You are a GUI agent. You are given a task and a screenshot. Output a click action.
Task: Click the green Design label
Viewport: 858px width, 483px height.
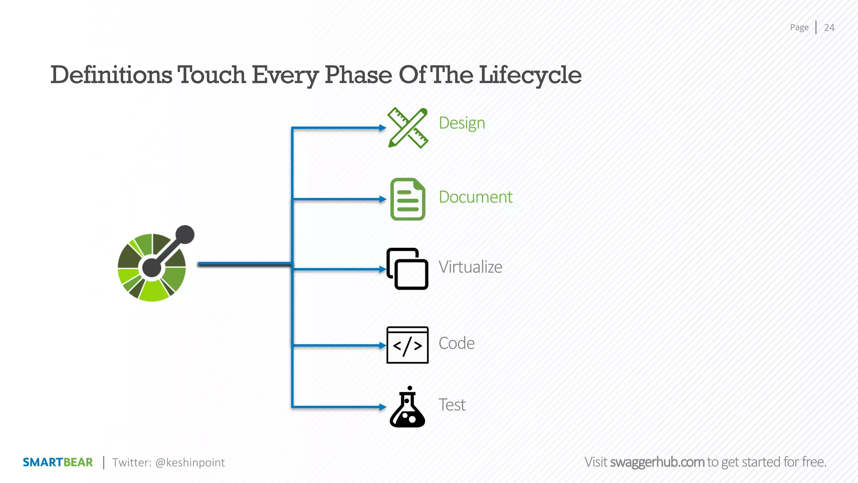point(462,123)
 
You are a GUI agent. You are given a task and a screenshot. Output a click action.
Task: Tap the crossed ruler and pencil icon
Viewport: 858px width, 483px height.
point(408,128)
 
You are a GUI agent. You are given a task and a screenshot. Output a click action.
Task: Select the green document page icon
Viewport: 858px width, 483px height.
point(408,199)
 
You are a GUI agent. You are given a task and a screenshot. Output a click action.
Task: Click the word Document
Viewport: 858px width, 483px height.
point(476,197)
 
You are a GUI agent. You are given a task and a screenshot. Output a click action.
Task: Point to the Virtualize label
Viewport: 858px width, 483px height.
point(470,267)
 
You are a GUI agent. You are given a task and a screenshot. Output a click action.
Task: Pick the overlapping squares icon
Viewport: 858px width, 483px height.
point(407,269)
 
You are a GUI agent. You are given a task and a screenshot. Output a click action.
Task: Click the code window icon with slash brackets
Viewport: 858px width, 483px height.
point(407,345)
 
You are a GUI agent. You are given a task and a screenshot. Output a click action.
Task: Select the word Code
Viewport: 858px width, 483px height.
point(456,343)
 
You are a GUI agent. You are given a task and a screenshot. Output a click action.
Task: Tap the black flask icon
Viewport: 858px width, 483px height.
point(407,408)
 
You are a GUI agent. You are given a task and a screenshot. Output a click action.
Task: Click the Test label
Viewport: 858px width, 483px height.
point(452,405)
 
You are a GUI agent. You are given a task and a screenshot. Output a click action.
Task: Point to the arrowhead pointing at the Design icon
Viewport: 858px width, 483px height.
point(382,128)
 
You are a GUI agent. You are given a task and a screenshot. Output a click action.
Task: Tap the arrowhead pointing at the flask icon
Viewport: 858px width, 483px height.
point(382,407)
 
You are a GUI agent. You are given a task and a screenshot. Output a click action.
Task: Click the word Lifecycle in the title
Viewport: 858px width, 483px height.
point(530,75)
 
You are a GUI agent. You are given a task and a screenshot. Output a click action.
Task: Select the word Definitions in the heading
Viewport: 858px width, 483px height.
point(111,75)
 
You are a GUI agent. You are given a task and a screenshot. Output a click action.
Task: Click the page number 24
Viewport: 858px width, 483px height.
point(829,28)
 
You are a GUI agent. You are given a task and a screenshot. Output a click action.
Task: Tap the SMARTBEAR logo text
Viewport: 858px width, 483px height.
point(58,462)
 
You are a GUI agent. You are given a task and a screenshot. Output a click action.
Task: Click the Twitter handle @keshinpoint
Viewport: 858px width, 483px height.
point(190,462)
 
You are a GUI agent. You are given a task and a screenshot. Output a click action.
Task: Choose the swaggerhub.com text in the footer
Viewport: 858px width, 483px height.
point(657,462)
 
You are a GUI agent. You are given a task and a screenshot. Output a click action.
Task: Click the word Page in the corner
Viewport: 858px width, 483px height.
point(799,28)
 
